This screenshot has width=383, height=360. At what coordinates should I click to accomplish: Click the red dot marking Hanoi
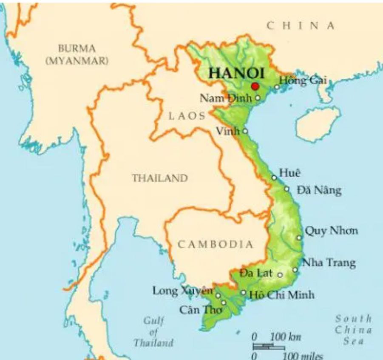click(x=255, y=86)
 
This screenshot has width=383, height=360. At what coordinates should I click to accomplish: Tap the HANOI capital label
click(x=237, y=73)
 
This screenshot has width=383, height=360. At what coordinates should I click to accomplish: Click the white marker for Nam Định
click(x=258, y=98)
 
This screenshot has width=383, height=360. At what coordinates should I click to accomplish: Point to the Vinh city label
click(x=228, y=131)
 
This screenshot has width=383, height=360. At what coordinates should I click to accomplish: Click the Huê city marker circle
click(x=274, y=178)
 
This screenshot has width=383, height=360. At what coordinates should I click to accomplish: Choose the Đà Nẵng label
click(x=319, y=190)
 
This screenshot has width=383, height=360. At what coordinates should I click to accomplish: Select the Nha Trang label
click(x=329, y=263)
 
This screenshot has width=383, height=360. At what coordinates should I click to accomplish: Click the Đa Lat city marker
click(x=280, y=275)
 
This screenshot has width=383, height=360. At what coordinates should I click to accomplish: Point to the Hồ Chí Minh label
click(x=282, y=294)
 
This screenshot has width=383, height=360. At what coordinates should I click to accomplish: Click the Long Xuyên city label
click(x=182, y=291)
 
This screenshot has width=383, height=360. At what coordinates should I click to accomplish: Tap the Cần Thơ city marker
click(x=224, y=303)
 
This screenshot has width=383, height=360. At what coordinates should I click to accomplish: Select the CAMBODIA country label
click(x=215, y=244)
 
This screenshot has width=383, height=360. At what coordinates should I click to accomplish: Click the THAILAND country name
click(x=159, y=178)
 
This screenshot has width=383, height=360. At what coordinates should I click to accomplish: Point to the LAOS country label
click(x=187, y=116)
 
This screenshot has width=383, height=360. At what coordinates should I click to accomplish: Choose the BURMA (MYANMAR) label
click(x=77, y=54)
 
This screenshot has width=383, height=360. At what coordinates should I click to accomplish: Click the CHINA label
click(x=300, y=26)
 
